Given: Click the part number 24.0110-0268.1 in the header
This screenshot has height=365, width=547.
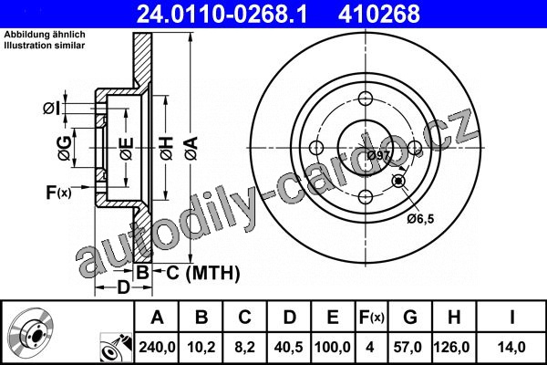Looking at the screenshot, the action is [x=222, y=14].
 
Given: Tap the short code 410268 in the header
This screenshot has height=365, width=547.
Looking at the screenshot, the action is [x=379, y=14].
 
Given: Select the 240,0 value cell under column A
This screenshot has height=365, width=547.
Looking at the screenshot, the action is [x=157, y=347].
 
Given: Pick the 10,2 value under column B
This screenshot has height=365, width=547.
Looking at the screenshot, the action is [x=201, y=347].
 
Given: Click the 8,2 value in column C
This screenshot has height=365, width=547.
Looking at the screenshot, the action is [x=245, y=347].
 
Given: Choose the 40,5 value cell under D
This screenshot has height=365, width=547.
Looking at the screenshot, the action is [x=289, y=347].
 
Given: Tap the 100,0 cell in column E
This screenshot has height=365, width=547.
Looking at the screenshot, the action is [x=333, y=347].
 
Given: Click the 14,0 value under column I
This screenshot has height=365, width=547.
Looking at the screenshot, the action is [x=511, y=347].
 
